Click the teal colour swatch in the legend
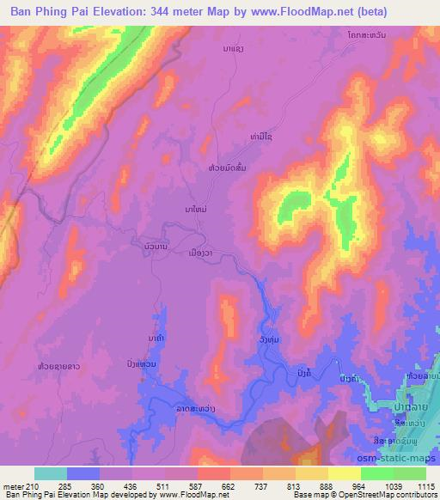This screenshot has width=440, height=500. (52, 473)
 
